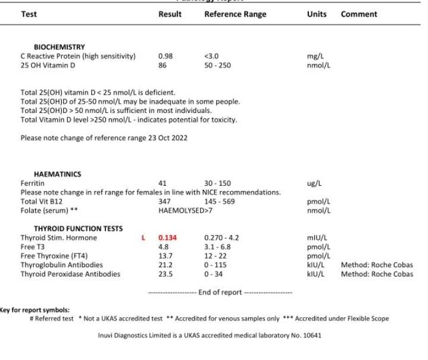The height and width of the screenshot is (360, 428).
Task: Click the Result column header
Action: (170, 14)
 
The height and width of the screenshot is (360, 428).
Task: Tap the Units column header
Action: (317, 14)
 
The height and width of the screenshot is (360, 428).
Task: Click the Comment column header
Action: (359, 14)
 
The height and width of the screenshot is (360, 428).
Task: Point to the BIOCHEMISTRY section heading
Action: (60, 47)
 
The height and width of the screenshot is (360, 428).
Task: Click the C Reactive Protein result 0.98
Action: (165, 57)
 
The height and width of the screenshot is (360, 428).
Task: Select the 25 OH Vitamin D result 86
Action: (162, 65)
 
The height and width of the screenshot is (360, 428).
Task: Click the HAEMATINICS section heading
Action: (57, 174)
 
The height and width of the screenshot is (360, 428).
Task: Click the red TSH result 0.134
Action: (168, 238)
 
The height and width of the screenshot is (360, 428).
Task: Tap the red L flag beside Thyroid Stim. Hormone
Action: (143, 238)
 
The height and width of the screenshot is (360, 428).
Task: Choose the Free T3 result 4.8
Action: (163, 247)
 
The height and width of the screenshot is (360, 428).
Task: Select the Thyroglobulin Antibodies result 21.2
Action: (165, 265)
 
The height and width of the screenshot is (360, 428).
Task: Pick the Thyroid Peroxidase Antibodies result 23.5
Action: (165, 274)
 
